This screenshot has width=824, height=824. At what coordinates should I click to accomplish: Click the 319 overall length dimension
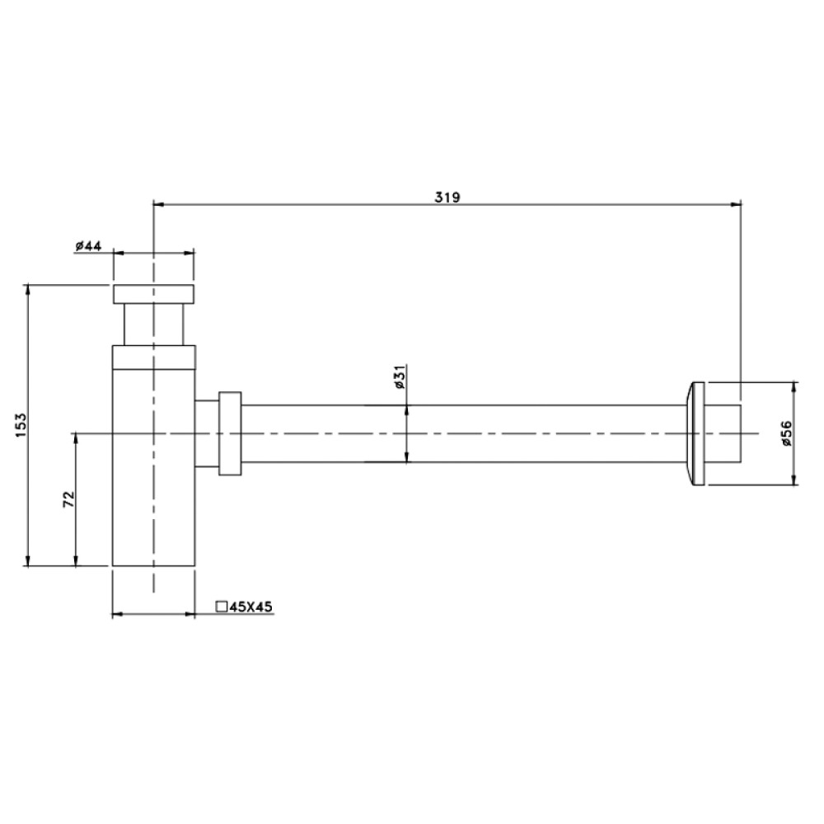pos(447,197)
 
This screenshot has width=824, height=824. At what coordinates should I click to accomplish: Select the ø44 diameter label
pos(88,246)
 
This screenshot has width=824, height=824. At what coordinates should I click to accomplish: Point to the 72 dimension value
pos(69,499)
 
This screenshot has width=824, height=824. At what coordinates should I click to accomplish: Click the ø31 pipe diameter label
pos(400,377)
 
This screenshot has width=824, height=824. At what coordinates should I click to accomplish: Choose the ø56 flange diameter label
pos(786,433)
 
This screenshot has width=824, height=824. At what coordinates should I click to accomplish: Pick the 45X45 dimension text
pos(251,607)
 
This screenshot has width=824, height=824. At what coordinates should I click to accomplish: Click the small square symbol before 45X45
pos(222,606)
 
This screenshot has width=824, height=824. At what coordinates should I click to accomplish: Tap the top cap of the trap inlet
pos(153,294)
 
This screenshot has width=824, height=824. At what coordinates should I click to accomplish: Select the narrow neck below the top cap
pos(154,324)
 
